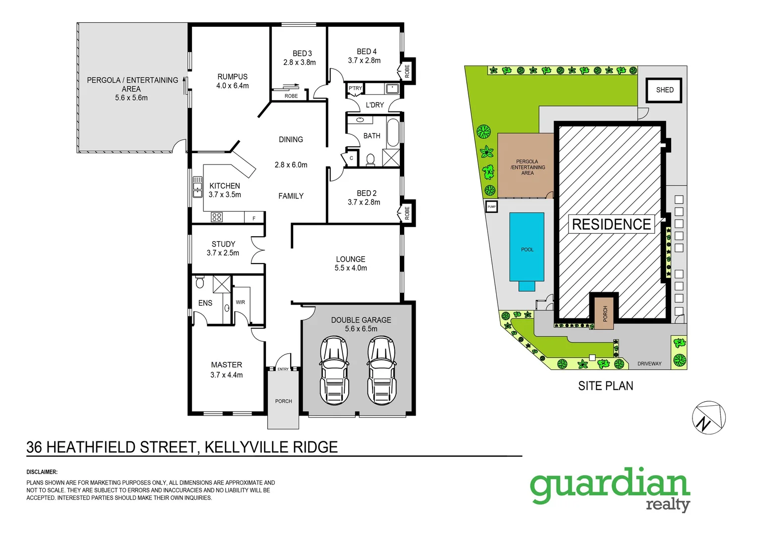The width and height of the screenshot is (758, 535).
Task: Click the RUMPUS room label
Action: pyautogui.click(x=232, y=77)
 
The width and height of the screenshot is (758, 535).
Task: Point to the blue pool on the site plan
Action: pyautogui.click(x=526, y=247)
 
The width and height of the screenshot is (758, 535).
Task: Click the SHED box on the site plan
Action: pyautogui.click(x=664, y=90)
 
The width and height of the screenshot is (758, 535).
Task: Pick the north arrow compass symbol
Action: pyautogui.click(x=708, y=418)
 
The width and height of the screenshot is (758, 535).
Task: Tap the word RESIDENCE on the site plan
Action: pyautogui.click(x=611, y=224)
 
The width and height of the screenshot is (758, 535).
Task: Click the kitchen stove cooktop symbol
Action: pyautogui.click(x=217, y=217)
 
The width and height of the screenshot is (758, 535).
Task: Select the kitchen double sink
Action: pyautogui.click(x=197, y=187)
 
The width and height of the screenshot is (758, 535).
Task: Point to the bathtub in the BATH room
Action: pyautogui.click(x=393, y=132)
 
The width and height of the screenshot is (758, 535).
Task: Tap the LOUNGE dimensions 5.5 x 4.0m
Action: pyautogui.click(x=351, y=268)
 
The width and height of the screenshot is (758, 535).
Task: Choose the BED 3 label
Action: pyautogui.click(x=302, y=53)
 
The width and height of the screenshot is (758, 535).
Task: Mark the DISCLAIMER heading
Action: pyautogui.click(x=42, y=472)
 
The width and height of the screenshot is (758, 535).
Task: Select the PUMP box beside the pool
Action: pyautogui.click(x=491, y=207)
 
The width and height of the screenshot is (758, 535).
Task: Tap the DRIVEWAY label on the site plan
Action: pyautogui.click(x=649, y=364)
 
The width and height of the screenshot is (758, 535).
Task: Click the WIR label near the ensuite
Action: pyautogui.click(x=240, y=302)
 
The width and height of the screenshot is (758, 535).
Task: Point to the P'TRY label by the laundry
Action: pyautogui.click(x=355, y=88)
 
